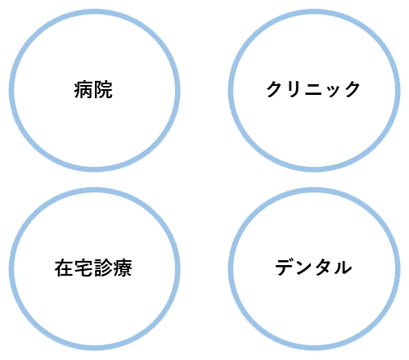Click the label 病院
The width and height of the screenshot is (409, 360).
(x=93, y=89)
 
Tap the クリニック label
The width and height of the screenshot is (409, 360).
(x=313, y=89)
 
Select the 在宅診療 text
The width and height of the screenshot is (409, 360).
(x=93, y=268)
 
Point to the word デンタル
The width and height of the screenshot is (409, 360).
(x=313, y=268)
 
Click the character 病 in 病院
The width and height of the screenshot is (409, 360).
(x=83, y=89)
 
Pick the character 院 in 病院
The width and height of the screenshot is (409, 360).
(x=103, y=89)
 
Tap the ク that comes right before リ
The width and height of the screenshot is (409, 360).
(x=275, y=89)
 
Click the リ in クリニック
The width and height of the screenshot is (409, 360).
(x=294, y=89)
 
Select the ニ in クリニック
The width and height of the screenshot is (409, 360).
(x=313, y=89)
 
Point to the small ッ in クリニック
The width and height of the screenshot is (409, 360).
(x=333, y=92)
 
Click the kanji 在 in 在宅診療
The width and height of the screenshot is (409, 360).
(x=64, y=268)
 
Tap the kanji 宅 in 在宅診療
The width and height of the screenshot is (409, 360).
(x=83, y=268)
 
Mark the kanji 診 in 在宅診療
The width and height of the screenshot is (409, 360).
(x=103, y=268)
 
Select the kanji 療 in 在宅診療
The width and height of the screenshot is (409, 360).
(x=123, y=268)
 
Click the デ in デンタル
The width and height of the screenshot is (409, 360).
(x=285, y=268)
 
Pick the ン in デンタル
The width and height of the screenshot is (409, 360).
(x=303, y=268)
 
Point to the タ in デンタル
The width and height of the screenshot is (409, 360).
(x=323, y=268)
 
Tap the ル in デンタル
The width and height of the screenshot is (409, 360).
(x=343, y=268)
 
